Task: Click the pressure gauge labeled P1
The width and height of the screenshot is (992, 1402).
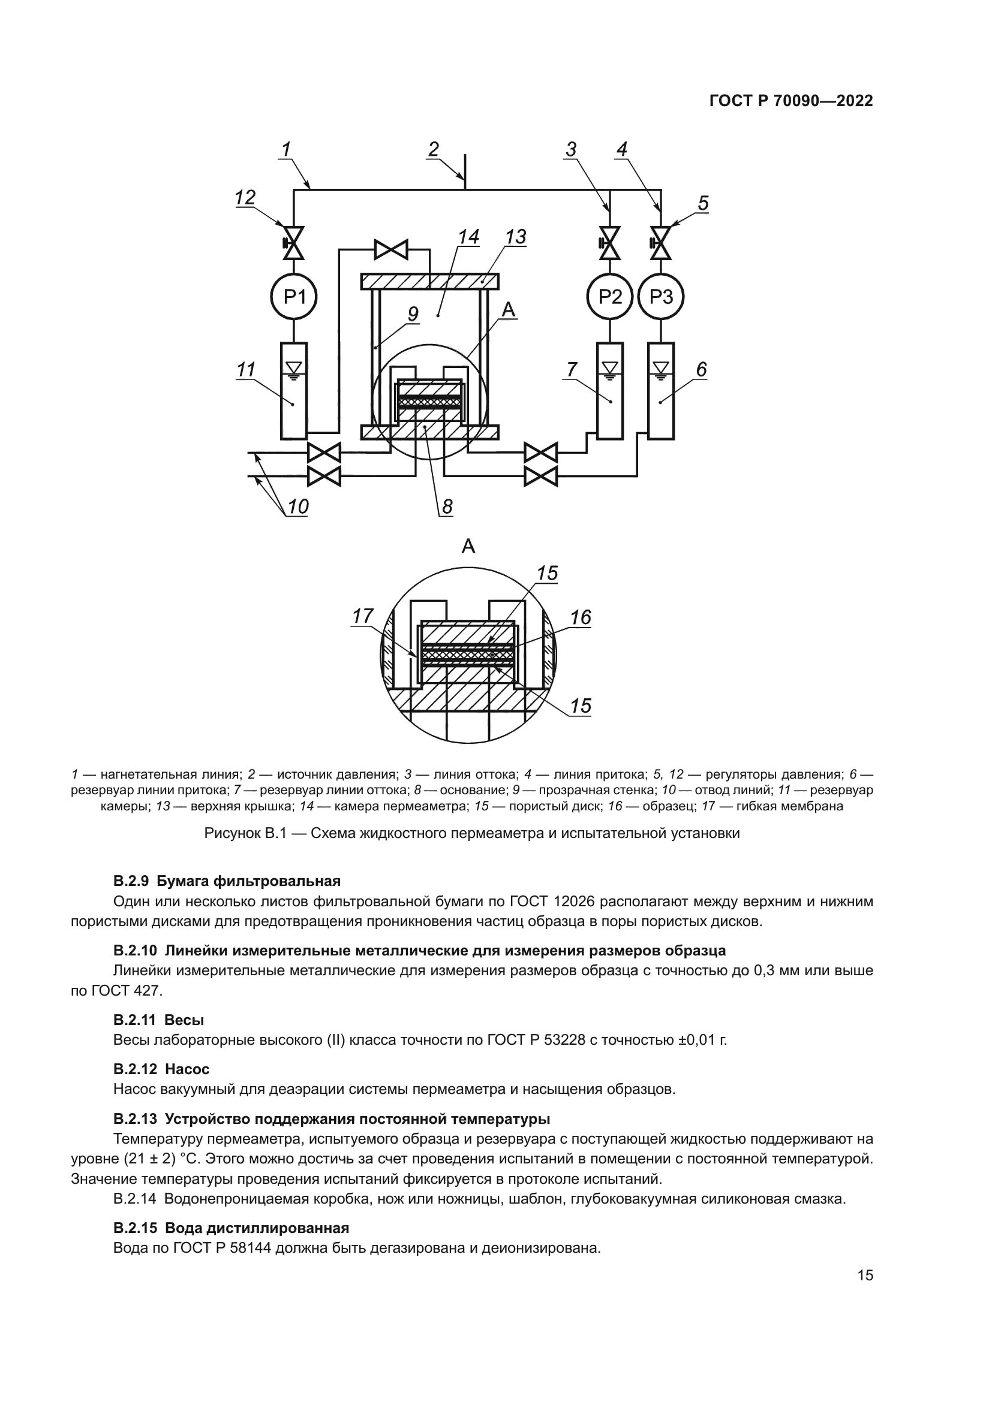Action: point(294,297)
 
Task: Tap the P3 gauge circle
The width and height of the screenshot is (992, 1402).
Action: point(661,297)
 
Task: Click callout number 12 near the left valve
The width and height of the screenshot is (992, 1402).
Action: point(245,198)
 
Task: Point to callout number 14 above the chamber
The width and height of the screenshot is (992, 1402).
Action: point(469,237)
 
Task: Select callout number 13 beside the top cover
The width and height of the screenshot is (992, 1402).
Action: point(516,237)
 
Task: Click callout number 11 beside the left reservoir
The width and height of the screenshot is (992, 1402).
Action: point(245,370)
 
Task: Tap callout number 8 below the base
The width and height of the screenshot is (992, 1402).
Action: point(447,506)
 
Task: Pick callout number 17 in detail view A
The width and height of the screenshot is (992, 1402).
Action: point(362,617)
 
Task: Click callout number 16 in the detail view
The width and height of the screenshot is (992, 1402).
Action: point(581,618)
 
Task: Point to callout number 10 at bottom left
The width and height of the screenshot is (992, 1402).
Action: point(298,506)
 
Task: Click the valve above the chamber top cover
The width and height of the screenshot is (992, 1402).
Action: point(391,249)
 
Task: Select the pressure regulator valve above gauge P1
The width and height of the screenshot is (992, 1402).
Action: point(294,242)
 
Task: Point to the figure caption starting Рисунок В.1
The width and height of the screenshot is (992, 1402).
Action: point(471,833)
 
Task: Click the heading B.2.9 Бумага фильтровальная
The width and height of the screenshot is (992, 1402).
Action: point(227,881)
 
